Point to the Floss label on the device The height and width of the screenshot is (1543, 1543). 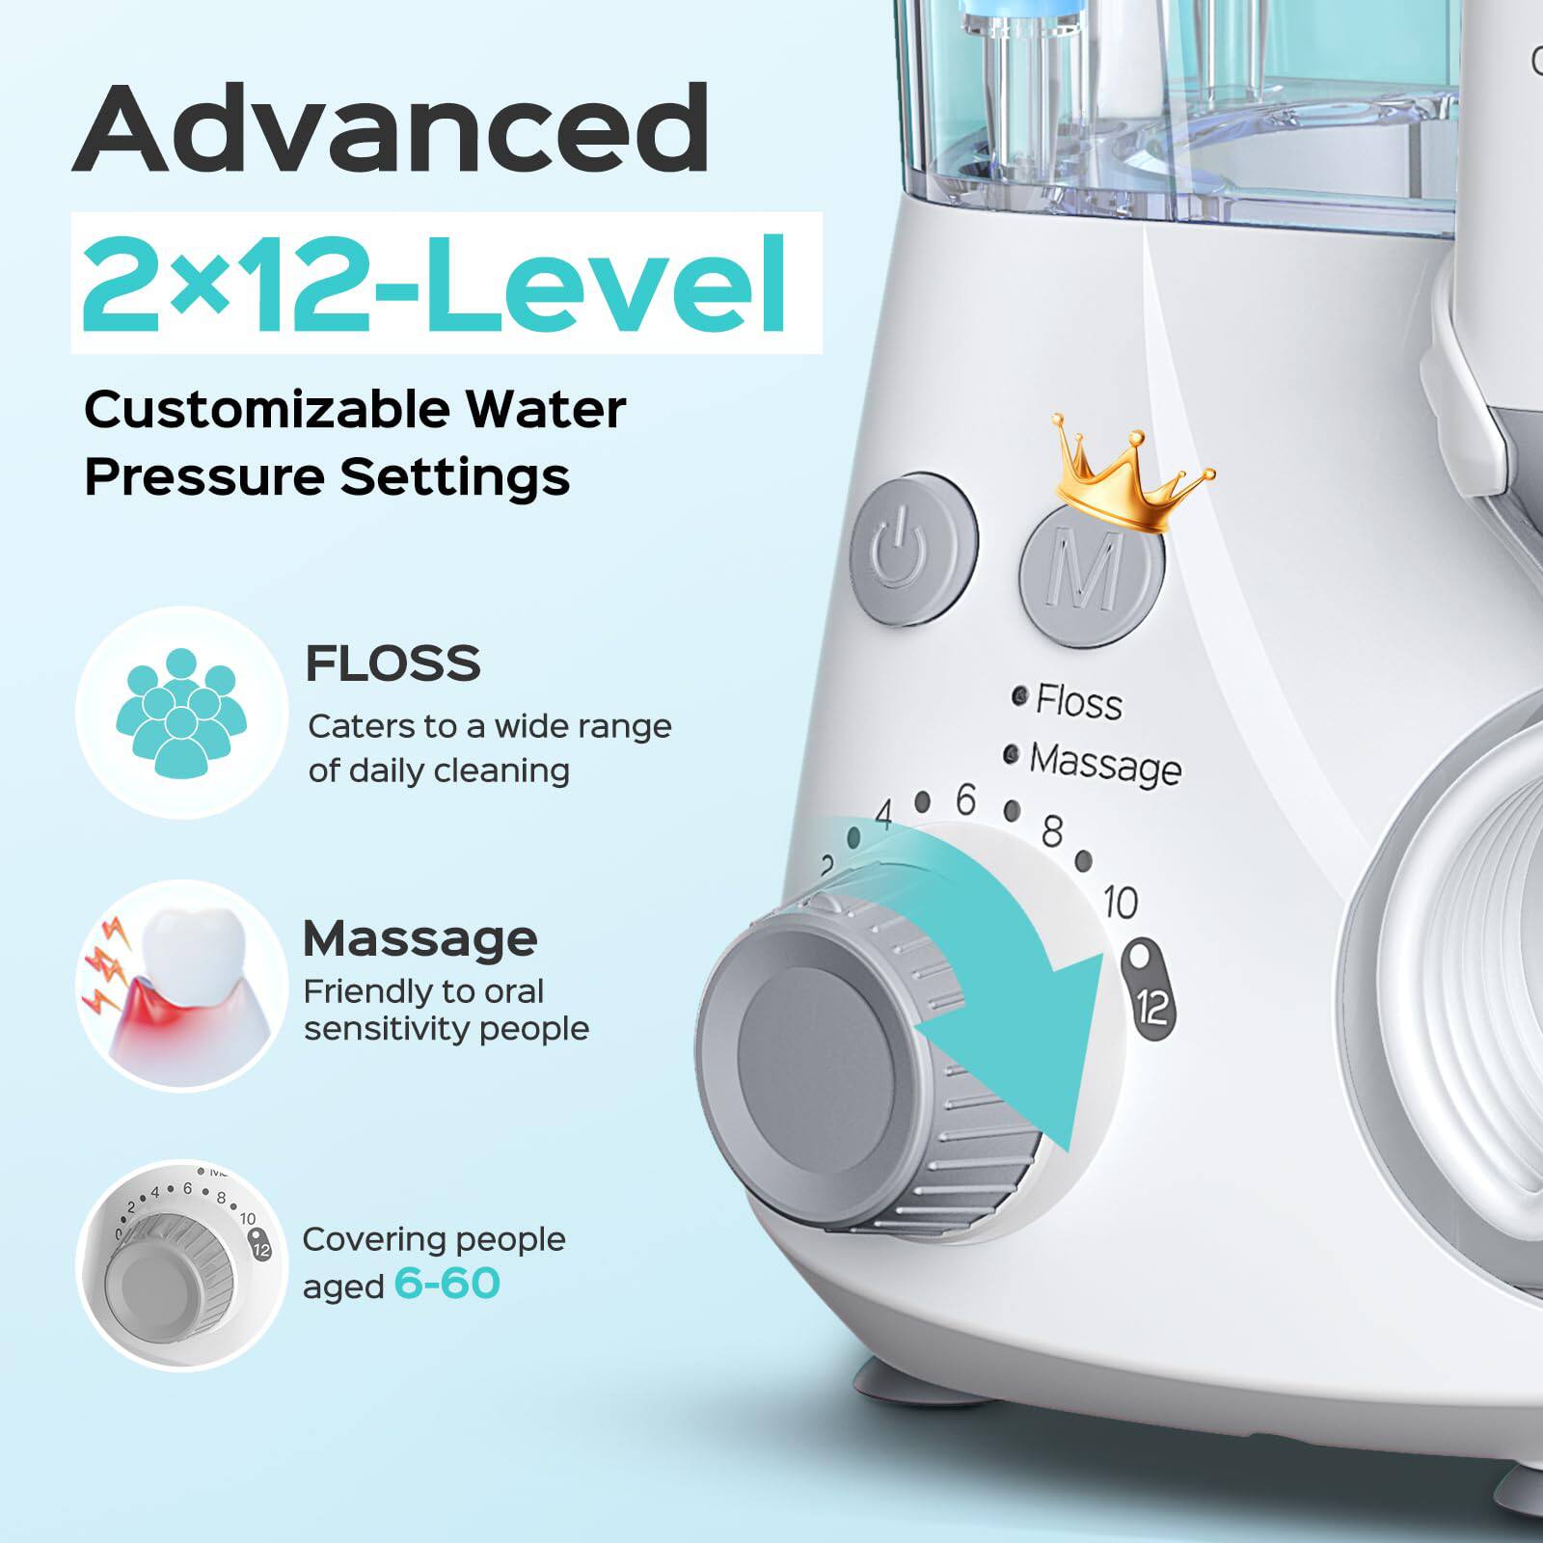point(1078,701)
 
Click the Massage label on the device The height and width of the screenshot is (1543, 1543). point(1104,763)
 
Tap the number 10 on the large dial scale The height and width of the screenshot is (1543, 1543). point(1120,903)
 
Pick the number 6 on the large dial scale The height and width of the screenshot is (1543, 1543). point(965,799)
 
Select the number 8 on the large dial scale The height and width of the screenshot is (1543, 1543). point(1052,830)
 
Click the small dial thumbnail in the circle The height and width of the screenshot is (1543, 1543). point(181,1263)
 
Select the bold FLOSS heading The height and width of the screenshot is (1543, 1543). point(393,663)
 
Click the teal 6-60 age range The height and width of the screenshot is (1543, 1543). point(447,1285)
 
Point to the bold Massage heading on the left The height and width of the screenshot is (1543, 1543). point(420,937)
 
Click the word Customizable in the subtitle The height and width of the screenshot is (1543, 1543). point(266,409)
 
